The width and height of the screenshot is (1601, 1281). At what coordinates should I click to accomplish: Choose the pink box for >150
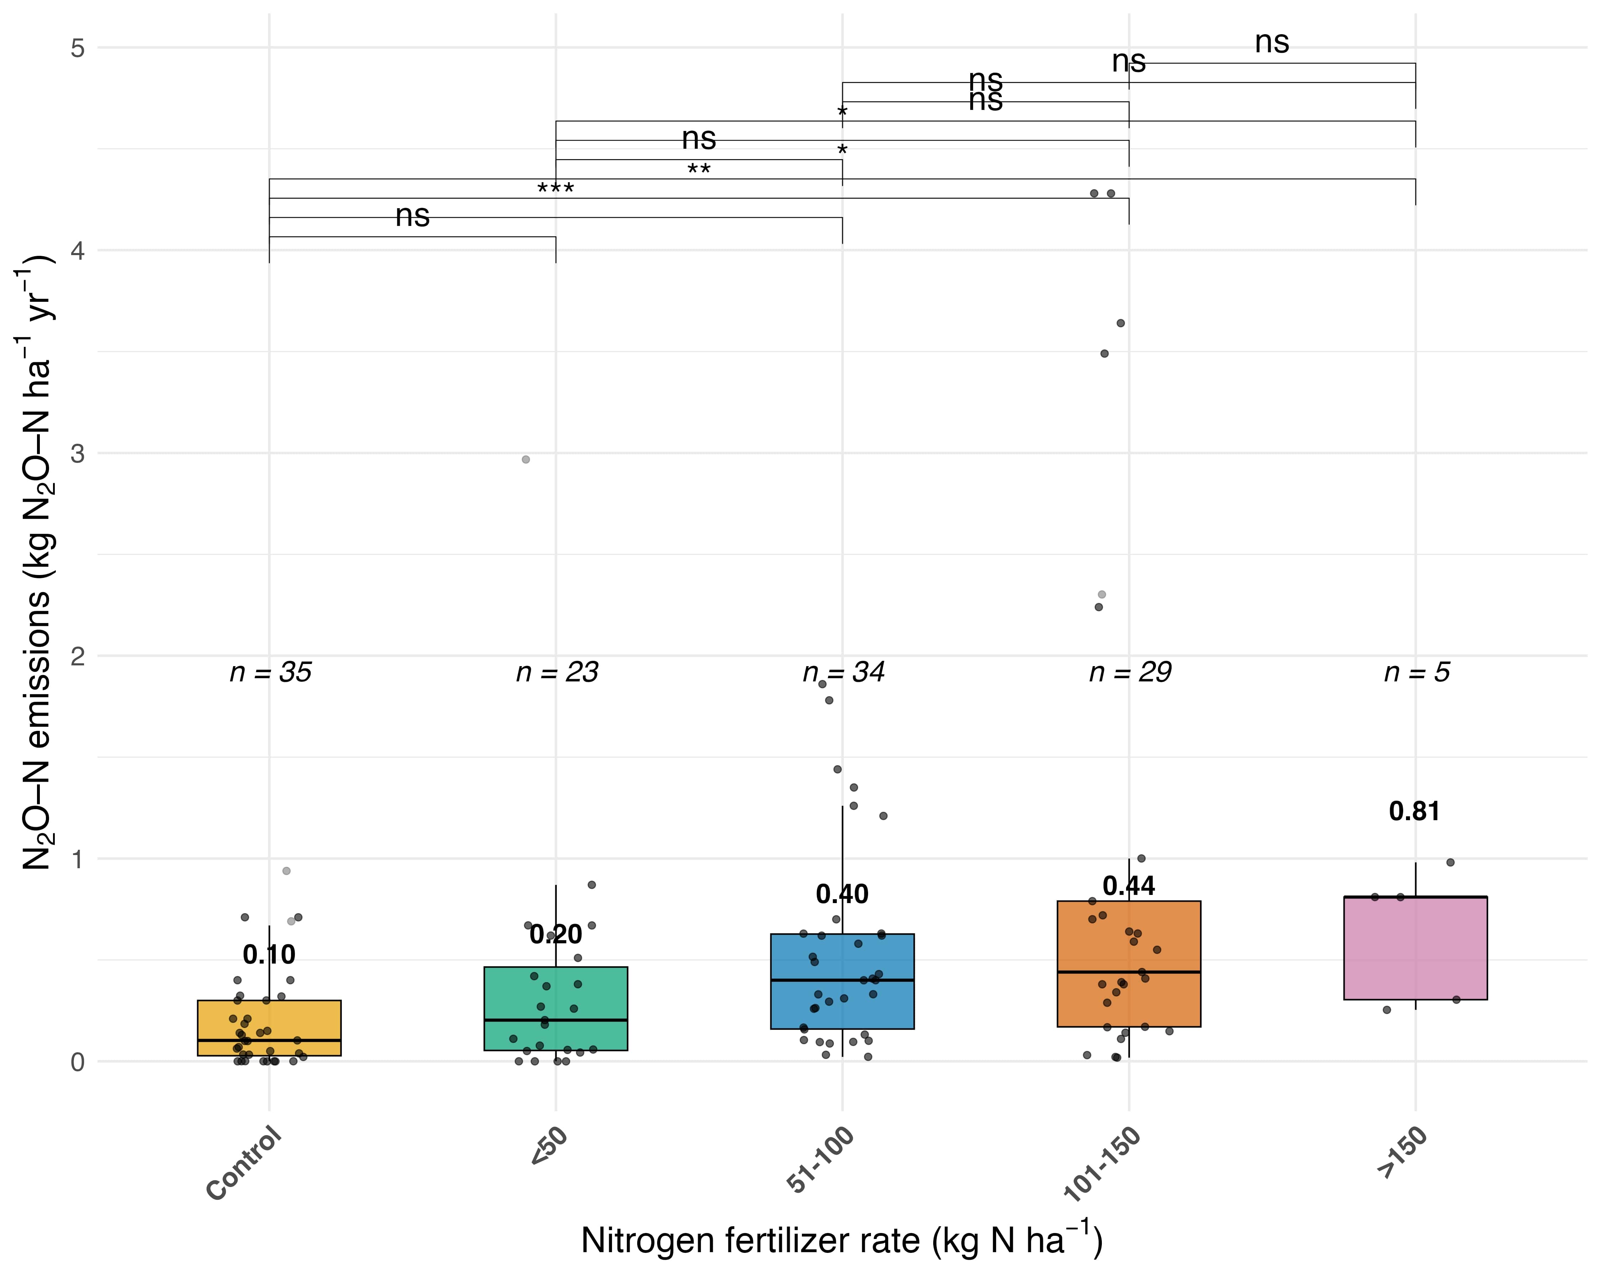[1415, 948]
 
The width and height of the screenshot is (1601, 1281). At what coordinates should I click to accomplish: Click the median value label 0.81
[1415, 812]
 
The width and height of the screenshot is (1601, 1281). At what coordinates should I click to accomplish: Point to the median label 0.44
[1129, 886]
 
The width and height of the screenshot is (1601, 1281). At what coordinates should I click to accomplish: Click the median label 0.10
[269, 954]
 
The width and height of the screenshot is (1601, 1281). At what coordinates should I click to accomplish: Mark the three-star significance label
[555, 189]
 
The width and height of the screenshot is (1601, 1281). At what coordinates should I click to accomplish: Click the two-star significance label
[699, 170]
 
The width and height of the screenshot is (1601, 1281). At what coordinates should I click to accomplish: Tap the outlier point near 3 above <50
[526, 460]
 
